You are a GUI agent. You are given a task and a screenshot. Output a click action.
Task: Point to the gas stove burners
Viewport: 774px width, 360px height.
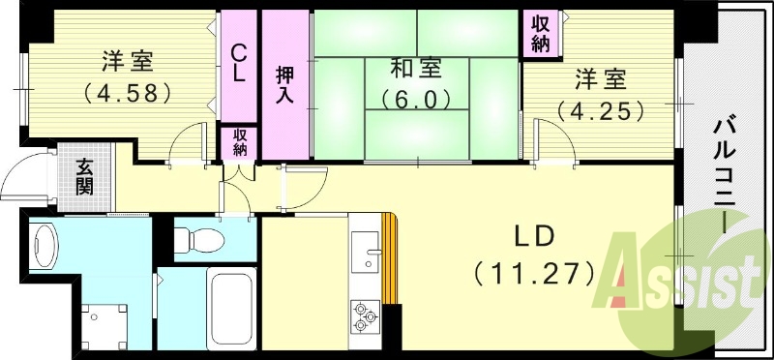tap(366, 315)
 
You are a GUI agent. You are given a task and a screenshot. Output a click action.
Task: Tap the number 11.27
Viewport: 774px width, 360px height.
tap(534, 274)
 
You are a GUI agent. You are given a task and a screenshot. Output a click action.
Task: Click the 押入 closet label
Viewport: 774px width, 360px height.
tap(285, 85)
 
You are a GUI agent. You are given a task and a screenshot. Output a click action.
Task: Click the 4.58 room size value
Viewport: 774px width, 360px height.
tap(127, 95)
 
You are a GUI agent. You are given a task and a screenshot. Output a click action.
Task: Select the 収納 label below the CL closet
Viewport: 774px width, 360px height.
tap(239, 141)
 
